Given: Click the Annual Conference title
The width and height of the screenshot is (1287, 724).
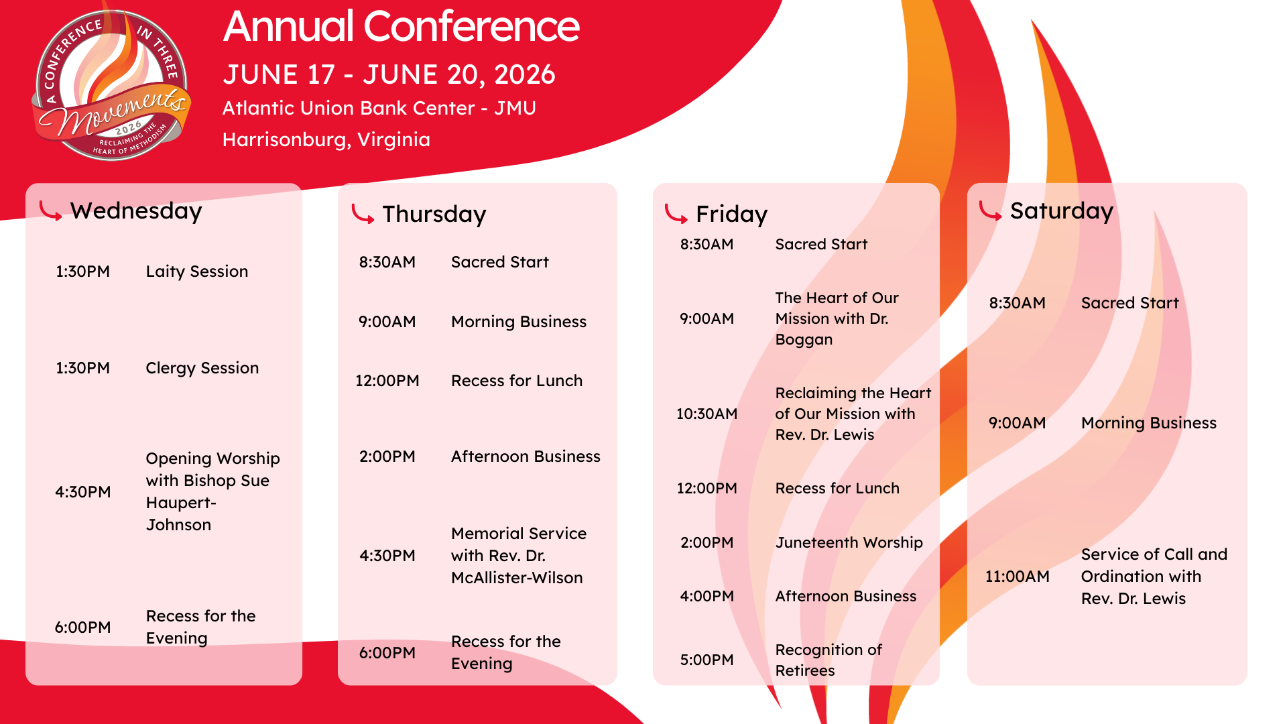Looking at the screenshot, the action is coord(401,27).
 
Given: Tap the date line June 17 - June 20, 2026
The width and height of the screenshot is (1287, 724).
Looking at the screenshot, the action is coord(389,74).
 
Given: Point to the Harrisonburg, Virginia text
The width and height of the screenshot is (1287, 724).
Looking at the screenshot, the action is coord(326,139).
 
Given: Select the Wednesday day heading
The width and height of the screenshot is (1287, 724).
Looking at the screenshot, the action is coord(136,210).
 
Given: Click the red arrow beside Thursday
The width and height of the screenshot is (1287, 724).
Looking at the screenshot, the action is coord(363,215).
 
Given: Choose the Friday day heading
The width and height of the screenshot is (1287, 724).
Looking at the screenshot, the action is coord(731,215).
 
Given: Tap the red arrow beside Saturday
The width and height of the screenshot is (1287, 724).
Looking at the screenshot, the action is coord(990,210).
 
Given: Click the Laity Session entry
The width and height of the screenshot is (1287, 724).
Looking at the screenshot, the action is coord(197,271).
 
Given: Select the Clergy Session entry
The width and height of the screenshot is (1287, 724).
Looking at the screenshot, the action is coord(202,368).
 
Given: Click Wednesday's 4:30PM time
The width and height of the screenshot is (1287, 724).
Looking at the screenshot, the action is coord(83,492).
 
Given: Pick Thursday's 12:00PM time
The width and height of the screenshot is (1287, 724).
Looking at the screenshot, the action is coord(387,381).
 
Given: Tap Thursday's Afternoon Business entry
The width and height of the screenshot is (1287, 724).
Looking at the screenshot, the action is coord(526,457).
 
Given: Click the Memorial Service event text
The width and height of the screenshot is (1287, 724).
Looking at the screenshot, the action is coord(519,556).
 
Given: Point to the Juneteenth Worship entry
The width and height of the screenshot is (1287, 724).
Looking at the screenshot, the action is coord(849,542).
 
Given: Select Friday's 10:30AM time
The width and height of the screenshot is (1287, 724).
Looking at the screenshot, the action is coord(707,414).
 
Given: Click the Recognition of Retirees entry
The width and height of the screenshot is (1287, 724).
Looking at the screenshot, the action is coord(829,660).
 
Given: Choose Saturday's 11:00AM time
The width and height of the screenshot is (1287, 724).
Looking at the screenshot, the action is coord(1017,577).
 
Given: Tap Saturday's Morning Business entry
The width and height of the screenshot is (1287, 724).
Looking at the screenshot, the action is coord(1149,423).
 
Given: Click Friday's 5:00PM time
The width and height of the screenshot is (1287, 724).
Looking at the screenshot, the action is coord(707,660).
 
